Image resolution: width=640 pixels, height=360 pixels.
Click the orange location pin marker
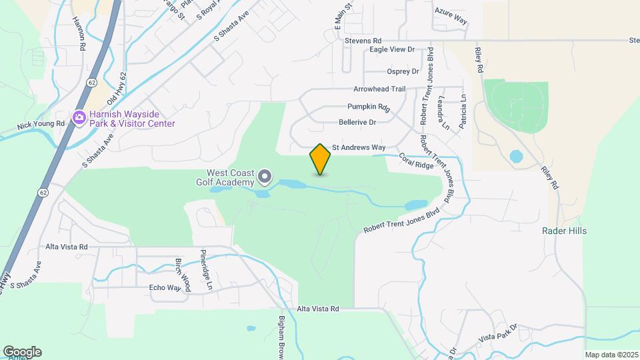tap(320, 159)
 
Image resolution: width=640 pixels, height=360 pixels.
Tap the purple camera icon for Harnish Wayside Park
tap(79, 118)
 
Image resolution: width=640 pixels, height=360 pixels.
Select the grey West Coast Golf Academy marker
tap(265, 177)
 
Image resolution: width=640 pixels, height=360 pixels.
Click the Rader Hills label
tap(564, 231)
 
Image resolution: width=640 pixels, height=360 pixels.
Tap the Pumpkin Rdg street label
tap(368, 107)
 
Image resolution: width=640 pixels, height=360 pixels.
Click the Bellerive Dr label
tap(357, 122)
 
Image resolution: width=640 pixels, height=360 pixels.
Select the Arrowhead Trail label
tap(379, 89)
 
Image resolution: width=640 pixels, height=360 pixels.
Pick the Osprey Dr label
tap(403, 71)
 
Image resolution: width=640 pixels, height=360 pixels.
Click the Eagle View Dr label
tap(392, 49)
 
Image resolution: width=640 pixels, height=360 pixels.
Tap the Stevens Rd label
tap(363, 41)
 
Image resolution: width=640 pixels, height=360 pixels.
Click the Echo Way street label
tap(165, 288)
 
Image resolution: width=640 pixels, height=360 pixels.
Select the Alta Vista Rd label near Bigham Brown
tap(318, 309)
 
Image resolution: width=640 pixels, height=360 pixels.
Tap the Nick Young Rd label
tap(41, 125)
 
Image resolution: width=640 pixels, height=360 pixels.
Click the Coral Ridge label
tap(416, 161)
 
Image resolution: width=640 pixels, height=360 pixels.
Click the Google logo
tap(22, 352)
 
